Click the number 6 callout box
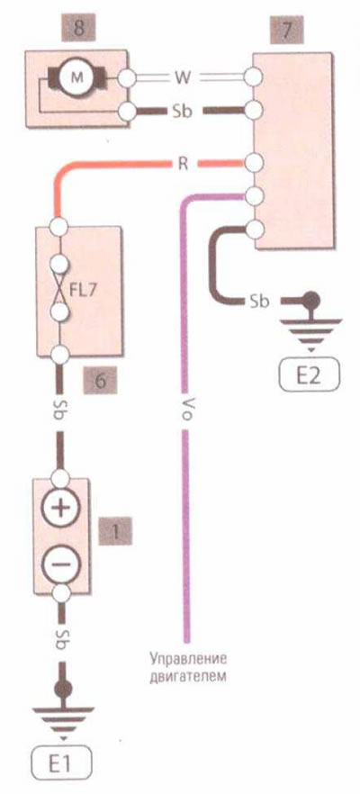click(100, 381)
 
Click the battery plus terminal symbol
click(60, 508)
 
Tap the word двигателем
click(187, 676)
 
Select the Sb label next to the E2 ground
click(260, 302)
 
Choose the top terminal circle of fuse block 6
click(59, 226)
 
